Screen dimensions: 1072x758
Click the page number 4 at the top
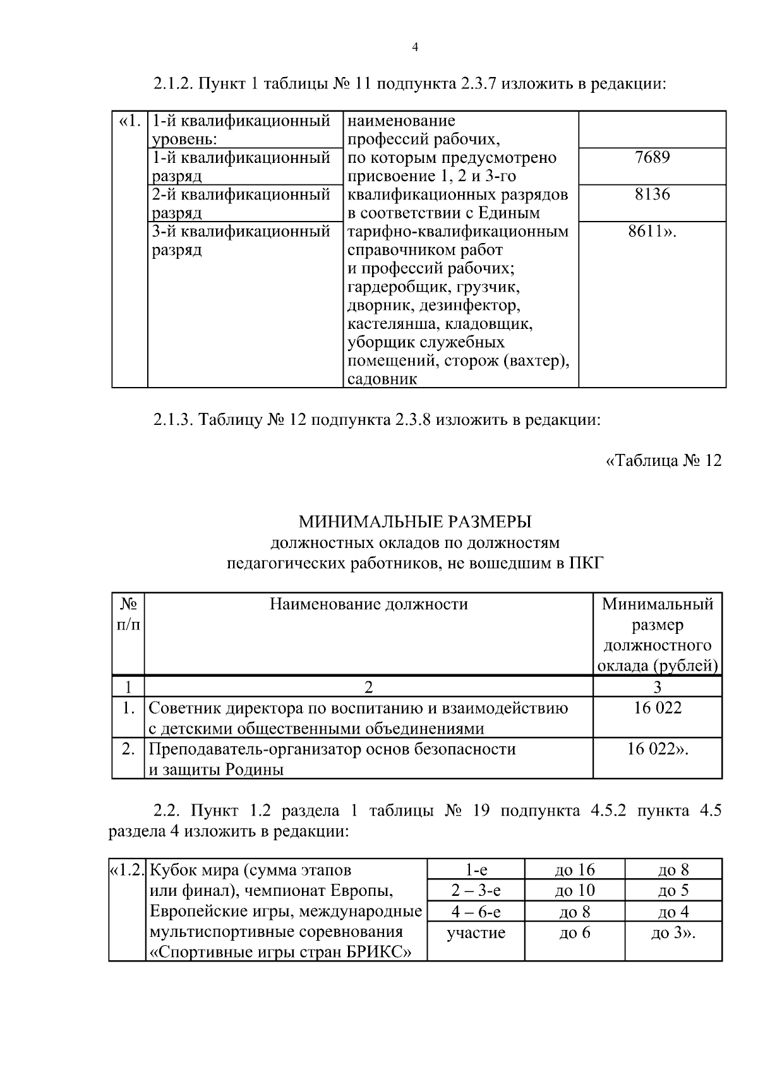tap(415, 48)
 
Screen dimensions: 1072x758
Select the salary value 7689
tap(652, 157)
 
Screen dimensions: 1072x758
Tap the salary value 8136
tap(652, 194)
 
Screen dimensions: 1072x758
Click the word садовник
tap(382, 379)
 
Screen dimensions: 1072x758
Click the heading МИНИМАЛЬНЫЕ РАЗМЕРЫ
tap(415, 521)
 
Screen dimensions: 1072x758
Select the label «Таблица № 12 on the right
tap(663, 460)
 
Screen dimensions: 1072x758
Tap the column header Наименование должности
tap(369, 604)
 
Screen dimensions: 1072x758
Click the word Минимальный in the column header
tap(658, 604)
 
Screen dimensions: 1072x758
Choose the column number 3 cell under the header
tap(658, 687)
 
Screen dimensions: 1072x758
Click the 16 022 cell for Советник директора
tap(658, 708)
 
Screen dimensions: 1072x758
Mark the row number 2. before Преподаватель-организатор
tap(128, 749)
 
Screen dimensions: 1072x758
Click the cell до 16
tap(575, 870)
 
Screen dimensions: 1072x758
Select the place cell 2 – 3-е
tap(476, 891)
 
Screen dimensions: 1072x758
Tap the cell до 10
tap(575, 891)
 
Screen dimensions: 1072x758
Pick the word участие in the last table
tap(476, 932)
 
